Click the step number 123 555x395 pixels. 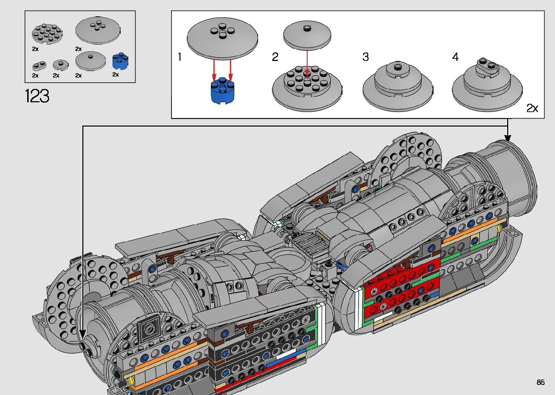coord(37,96)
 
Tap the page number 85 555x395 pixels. coord(540,382)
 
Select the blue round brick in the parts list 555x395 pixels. coord(120,61)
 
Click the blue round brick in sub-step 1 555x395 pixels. coord(223,90)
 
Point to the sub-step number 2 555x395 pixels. coord(275,57)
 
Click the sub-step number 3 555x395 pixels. coord(365,57)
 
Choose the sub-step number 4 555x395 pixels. coord(455,57)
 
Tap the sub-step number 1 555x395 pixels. coord(180,57)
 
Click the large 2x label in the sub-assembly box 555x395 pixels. coord(532,108)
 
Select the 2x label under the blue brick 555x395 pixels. coord(116,74)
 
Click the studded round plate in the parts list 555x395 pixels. coord(47,34)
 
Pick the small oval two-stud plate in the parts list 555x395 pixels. coord(39,66)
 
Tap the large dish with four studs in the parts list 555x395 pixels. coord(98,30)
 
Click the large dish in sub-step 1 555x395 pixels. coord(222,38)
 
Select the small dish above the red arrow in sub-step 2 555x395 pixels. coord(307,35)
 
